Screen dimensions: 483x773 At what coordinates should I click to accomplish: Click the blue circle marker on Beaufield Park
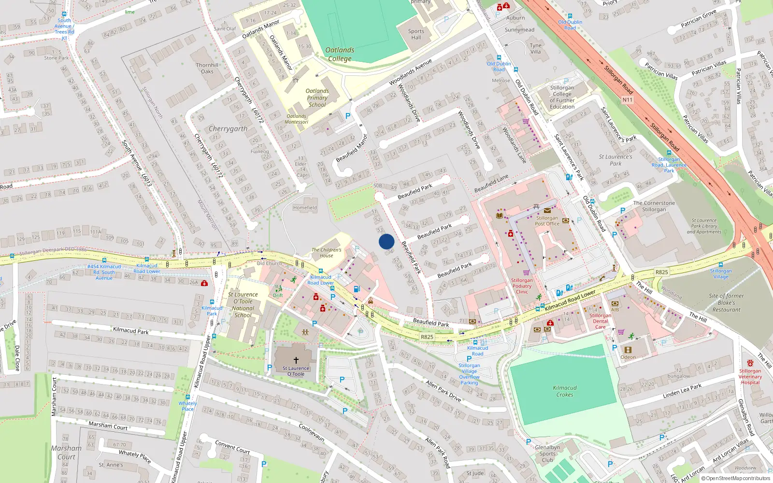click(386, 241)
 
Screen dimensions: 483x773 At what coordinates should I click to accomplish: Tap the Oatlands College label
click(340, 54)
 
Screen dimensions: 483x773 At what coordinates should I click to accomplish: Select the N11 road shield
click(627, 100)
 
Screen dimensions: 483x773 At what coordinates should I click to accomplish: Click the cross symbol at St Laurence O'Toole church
click(296, 360)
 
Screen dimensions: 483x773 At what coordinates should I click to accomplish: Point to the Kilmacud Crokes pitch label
click(564, 391)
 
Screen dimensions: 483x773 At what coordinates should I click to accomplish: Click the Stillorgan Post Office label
click(547, 221)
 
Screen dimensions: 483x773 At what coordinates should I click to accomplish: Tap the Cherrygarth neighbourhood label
click(228, 129)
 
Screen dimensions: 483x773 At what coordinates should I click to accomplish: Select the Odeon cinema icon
click(628, 350)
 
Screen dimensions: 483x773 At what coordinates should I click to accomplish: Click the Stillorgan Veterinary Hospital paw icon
click(750, 363)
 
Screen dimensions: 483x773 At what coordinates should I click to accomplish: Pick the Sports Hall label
click(416, 34)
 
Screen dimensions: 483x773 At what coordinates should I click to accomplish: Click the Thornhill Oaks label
click(207, 68)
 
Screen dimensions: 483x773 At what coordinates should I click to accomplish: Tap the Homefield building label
click(305, 208)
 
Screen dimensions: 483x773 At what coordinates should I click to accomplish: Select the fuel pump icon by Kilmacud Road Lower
click(357, 289)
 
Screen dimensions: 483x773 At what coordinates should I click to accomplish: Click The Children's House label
click(326, 253)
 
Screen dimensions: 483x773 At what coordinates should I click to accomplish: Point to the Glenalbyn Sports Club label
click(547, 454)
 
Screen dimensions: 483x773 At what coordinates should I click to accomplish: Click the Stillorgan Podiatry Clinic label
click(522, 286)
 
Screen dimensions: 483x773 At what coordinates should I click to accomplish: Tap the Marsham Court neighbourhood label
click(66, 453)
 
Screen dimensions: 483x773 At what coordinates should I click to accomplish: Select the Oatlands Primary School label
click(317, 98)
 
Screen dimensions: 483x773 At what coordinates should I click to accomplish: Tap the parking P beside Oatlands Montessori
click(347, 116)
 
